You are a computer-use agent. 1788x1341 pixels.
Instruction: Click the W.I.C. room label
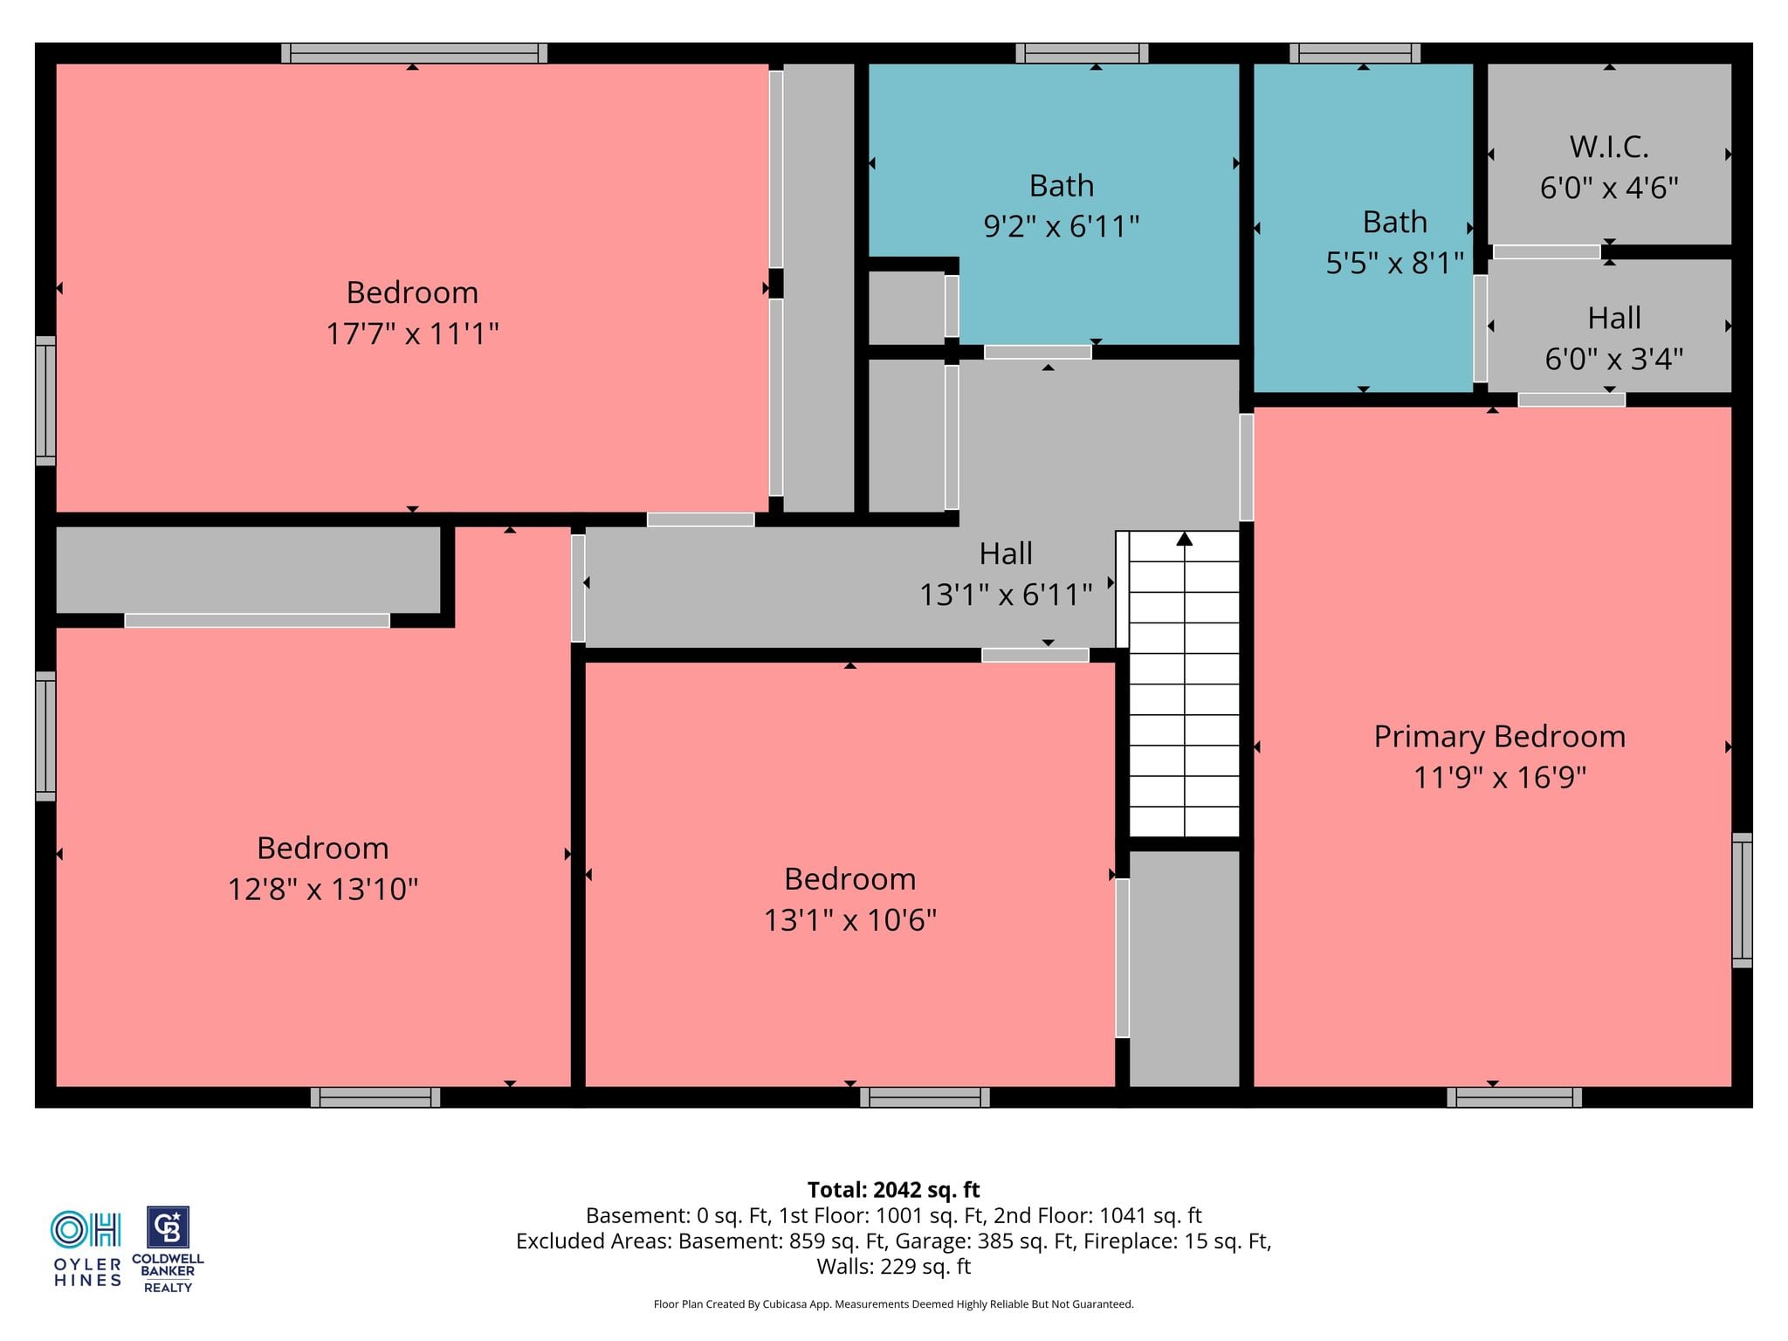coord(1609,147)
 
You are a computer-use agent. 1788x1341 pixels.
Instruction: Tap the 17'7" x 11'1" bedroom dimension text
coord(412,334)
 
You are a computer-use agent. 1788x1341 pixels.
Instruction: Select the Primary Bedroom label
coord(1499,737)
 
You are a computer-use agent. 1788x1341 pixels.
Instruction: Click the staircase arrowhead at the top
coord(1184,539)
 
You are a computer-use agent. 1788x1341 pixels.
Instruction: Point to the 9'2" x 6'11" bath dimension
coord(1062,227)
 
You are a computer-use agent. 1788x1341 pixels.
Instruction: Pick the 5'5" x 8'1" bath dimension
coord(1394,263)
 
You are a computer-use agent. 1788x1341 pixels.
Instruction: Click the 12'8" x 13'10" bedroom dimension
coord(323,890)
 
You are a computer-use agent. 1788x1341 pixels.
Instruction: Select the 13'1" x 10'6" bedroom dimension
coord(850,920)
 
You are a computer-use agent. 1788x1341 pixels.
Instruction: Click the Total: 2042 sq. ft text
coord(893,1190)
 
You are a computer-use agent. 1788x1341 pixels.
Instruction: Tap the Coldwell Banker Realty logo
coord(168,1249)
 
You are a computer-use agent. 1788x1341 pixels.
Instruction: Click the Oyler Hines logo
coord(86,1248)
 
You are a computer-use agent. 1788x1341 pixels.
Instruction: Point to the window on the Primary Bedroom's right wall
coord(1742,900)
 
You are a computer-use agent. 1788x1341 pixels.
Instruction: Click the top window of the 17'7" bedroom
coord(414,53)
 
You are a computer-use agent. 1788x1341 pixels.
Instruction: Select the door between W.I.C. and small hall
coord(1546,251)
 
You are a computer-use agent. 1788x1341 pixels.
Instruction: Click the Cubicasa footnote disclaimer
coord(893,1304)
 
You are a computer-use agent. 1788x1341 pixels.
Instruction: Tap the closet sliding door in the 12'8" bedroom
coord(257,621)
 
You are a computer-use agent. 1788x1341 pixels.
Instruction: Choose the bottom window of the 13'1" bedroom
coord(925,1097)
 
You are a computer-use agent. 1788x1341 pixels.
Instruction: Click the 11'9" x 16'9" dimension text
coord(1499,777)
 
